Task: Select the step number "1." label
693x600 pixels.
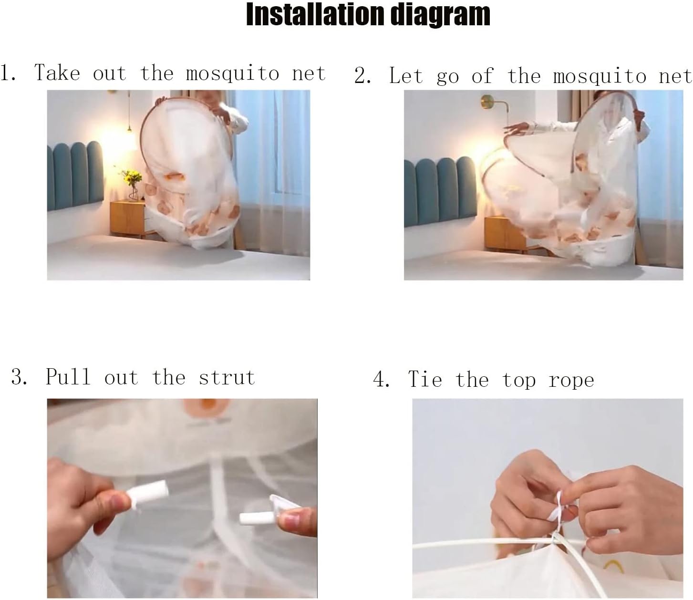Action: point(9,73)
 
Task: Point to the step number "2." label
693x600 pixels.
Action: point(362,76)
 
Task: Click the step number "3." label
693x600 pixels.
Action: point(20,378)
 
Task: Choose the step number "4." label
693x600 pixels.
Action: point(382,380)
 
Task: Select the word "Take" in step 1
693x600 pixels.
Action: point(57,73)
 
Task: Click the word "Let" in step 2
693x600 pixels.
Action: point(406,76)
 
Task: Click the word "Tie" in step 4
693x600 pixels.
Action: point(425,380)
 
